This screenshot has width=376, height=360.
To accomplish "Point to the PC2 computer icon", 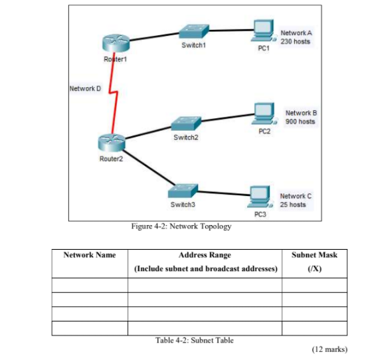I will click(264, 113).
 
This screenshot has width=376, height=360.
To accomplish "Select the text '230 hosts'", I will click(295, 41).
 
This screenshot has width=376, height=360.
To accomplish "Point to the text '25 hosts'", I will click(293, 205).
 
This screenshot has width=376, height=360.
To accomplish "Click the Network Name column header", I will click(90, 255).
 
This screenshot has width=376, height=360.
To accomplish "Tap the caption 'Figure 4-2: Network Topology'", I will click(181, 226).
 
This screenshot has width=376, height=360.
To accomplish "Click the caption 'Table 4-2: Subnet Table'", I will click(194, 341).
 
